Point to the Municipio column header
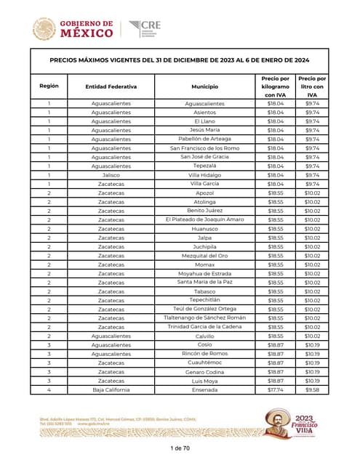(x=205, y=86)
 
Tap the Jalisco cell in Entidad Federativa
(x=111, y=175)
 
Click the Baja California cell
(x=111, y=389)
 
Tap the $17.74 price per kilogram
(x=276, y=389)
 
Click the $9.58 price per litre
(x=312, y=389)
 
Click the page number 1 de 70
(x=180, y=448)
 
